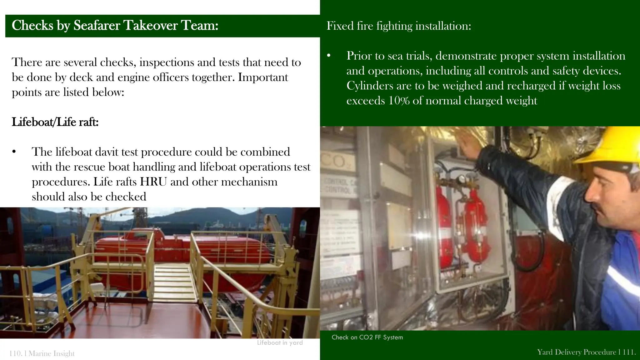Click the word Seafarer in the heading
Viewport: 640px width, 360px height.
[97, 25]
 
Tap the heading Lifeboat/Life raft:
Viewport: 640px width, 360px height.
[55, 122]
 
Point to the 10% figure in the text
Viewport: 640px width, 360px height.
[399, 101]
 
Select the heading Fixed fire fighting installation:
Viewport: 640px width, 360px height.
[399, 26]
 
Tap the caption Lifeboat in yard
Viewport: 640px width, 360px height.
[280, 342]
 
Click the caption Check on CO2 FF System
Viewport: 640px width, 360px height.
[367, 337]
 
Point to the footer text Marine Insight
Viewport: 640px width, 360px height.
[52, 353]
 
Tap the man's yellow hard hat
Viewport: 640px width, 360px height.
[609, 147]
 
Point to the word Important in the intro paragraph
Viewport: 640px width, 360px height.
[263, 77]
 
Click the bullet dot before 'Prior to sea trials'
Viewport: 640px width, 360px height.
[329, 56]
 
